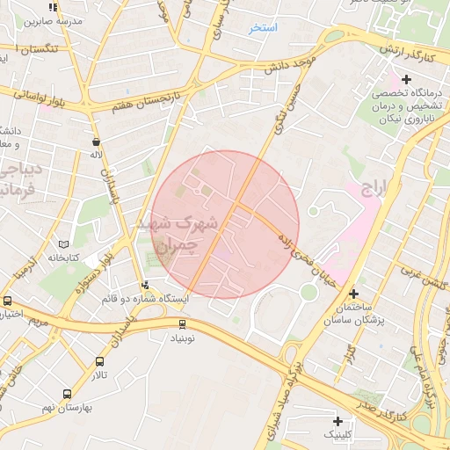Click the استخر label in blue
(262, 28)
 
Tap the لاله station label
(96, 155)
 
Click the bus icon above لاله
(96, 142)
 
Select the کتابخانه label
(63, 258)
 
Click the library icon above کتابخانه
(62, 244)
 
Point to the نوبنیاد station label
(181, 337)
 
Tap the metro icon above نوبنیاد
(181, 324)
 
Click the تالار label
(99, 375)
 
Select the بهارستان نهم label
(71, 409)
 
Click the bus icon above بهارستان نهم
(68, 395)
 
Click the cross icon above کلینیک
(337, 422)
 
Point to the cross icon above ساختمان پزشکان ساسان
(353, 294)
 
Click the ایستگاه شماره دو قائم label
(145, 299)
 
